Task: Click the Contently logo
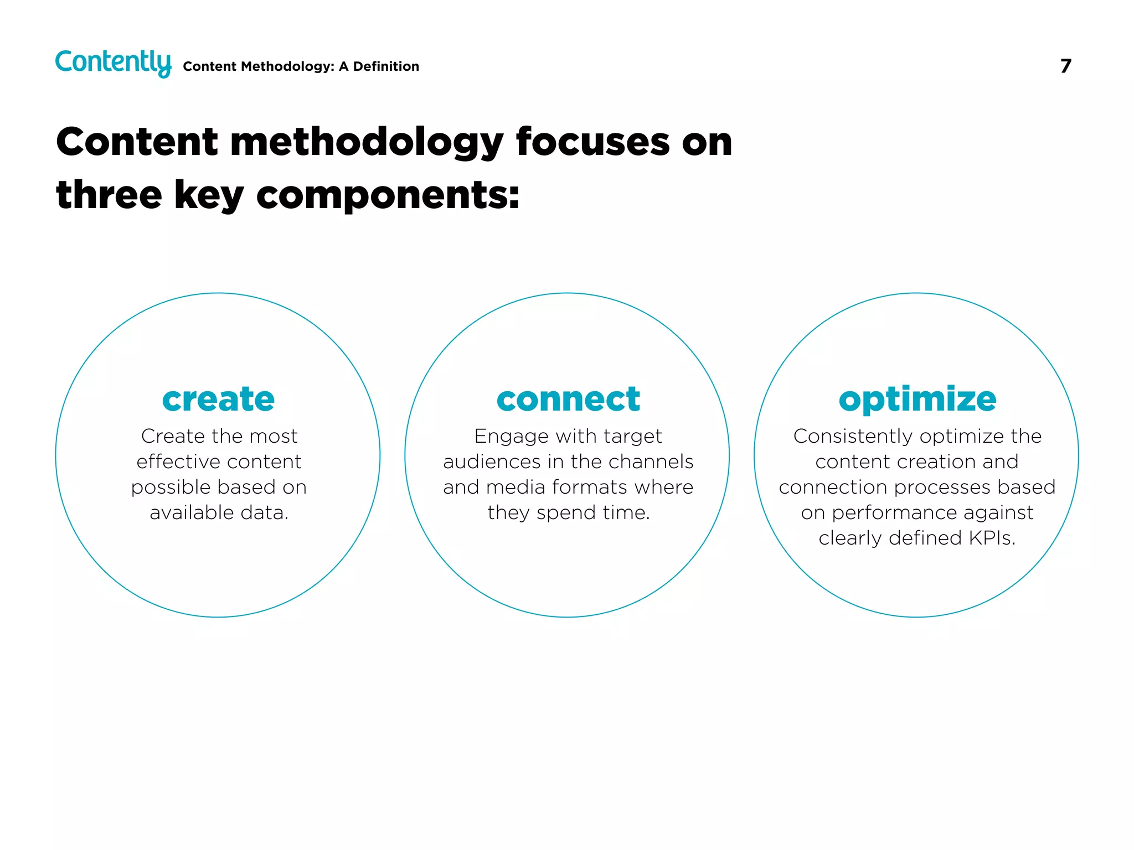click(113, 63)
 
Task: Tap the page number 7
click(1065, 66)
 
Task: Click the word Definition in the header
click(386, 66)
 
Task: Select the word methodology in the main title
click(367, 143)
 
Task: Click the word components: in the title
click(388, 196)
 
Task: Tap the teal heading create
click(218, 399)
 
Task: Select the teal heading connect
click(568, 399)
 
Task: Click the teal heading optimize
click(917, 399)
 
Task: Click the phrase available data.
click(219, 512)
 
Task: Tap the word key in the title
click(209, 196)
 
